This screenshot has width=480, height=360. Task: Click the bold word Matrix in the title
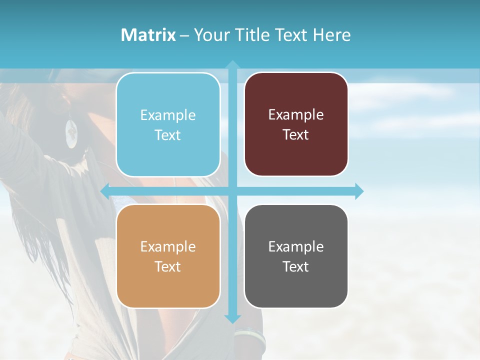[x=148, y=35]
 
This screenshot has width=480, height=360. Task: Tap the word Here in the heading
[x=331, y=35]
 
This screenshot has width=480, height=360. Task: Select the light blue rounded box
[x=168, y=124]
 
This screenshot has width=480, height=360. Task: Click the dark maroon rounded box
[x=296, y=124]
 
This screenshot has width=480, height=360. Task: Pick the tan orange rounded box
[x=168, y=256]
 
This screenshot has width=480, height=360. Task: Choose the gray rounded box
[x=296, y=256]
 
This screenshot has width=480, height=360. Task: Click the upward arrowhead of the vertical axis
[x=232, y=64]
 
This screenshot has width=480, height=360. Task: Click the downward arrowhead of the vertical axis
[x=232, y=318]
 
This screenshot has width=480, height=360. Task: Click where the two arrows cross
[x=232, y=191]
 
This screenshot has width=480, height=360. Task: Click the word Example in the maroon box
[x=296, y=114]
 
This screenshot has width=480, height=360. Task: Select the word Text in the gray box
[x=296, y=266]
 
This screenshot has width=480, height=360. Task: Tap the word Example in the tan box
[x=168, y=246]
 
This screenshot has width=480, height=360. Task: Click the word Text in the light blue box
[x=168, y=135]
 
